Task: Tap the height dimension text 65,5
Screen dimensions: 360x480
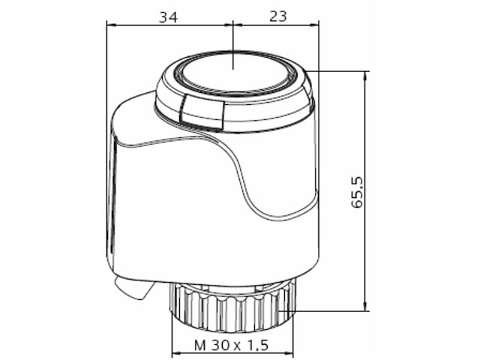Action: pos(358,191)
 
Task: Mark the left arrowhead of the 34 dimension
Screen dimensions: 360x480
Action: pos(111,24)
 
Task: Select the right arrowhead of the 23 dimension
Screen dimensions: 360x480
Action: pos(315,24)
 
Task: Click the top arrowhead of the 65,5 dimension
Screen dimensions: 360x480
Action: pos(366,76)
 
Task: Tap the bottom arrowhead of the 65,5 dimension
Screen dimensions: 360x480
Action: pos(366,305)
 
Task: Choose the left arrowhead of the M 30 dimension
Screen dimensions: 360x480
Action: pos(175,353)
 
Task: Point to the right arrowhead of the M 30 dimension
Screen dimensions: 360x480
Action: pos(286,353)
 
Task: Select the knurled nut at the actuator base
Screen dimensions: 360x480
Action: pos(229,304)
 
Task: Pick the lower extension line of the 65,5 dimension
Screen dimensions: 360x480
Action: pos(330,310)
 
